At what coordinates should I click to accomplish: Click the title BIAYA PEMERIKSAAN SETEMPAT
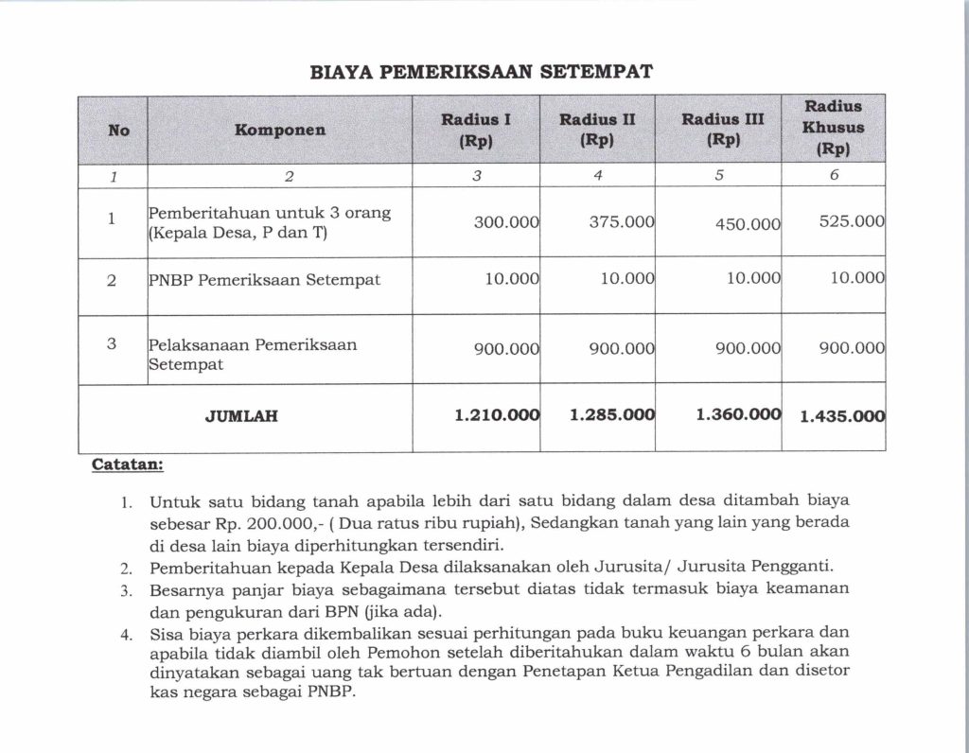(x=482, y=71)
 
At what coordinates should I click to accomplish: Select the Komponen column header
(x=279, y=130)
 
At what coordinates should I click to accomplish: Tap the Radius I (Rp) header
(x=476, y=130)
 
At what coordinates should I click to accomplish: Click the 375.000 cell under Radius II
(x=621, y=222)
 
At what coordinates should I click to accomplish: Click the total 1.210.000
(x=497, y=414)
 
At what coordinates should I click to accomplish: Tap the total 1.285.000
(x=612, y=414)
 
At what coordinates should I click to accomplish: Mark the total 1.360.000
(x=738, y=414)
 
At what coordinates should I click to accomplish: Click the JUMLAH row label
(x=241, y=415)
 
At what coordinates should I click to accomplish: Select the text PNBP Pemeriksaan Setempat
(x=251, y=280)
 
